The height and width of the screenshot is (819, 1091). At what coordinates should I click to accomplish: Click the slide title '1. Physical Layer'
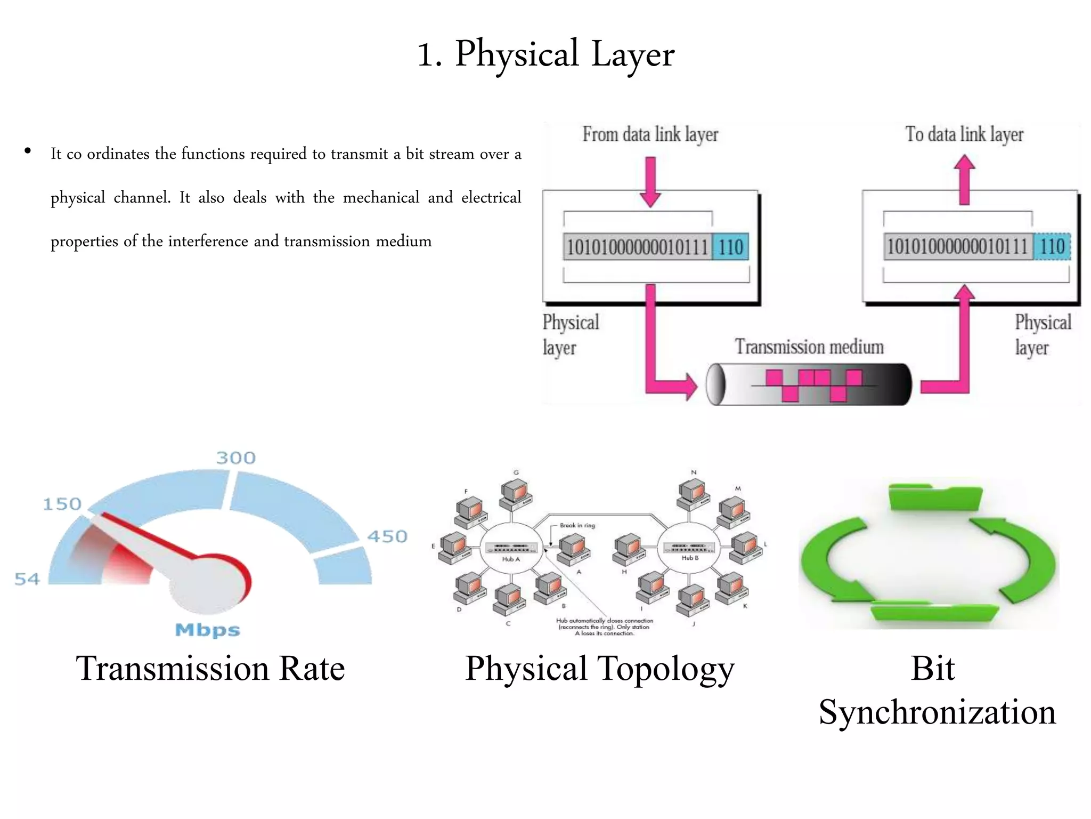545,54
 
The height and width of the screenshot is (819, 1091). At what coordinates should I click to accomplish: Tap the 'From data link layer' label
650,134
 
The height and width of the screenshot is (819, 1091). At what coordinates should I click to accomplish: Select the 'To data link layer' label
964,134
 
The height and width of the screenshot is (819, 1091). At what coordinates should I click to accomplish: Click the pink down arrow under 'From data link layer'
650,182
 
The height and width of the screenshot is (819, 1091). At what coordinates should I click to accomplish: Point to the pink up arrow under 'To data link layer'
964,180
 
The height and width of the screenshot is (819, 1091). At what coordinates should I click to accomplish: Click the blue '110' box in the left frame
730,247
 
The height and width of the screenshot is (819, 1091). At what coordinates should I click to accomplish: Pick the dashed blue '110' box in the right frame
1052,246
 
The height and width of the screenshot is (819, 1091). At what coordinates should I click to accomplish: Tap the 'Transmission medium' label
809,347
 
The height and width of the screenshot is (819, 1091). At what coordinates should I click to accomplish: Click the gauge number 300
236,458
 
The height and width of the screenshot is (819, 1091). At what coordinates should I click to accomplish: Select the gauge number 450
387,536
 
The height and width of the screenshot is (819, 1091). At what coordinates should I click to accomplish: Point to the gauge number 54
27,579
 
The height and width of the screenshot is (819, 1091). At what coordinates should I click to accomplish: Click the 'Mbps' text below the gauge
208,630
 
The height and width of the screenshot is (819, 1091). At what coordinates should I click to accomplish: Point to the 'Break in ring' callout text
577,525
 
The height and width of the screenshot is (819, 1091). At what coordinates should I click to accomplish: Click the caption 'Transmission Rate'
210,669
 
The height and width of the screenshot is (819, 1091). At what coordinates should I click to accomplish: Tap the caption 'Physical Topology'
599,669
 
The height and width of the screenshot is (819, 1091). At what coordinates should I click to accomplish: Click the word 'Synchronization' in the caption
937,712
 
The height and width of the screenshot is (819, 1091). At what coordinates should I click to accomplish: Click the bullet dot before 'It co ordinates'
28,151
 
